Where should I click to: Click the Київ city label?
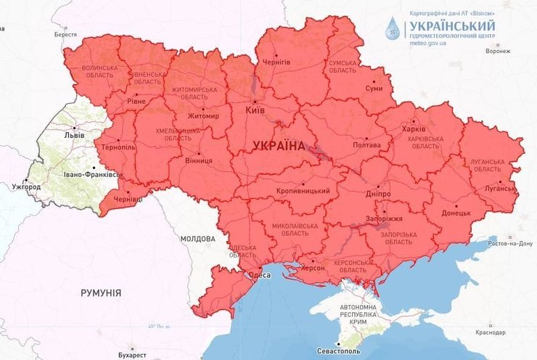tap(255, 110)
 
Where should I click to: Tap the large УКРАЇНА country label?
tap(279, 146)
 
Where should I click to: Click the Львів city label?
tap(74, 135)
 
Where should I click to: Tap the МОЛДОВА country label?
tap(198, 239)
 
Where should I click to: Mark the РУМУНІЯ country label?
tap(101, 292)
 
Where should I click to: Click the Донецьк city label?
tap(456, 213)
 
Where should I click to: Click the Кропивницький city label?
tap(303, 191)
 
